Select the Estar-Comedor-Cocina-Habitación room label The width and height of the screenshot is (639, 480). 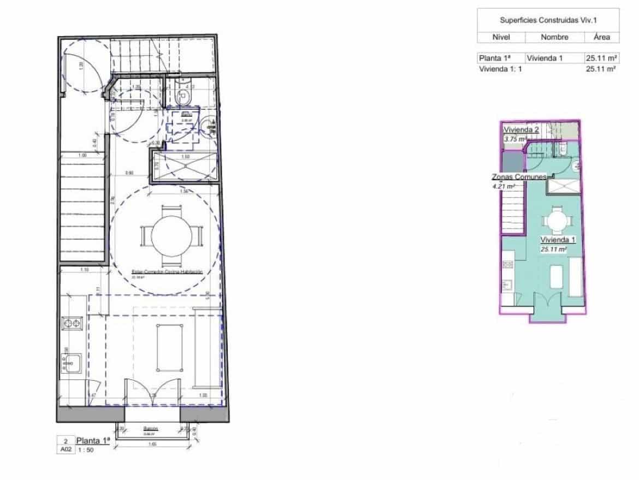pyautogui.click(x=167, y=271)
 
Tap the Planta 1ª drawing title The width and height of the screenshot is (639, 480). pyautogui.click(x=93, y=441)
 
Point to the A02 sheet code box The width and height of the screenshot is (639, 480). pyautogui.click(x=65, y=450)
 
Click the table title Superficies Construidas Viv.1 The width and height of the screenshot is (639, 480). pyautogui.click(x=548, y=20)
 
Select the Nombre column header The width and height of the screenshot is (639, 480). pyautogui.click(x=554, y=38)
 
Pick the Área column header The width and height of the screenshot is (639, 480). pyautogui.click(x=602, y=38)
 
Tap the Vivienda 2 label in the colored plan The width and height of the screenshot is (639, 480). pyautogui.click(x=522, y=130)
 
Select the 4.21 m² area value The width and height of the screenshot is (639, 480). pyautogui.click(x=504, y=186)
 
